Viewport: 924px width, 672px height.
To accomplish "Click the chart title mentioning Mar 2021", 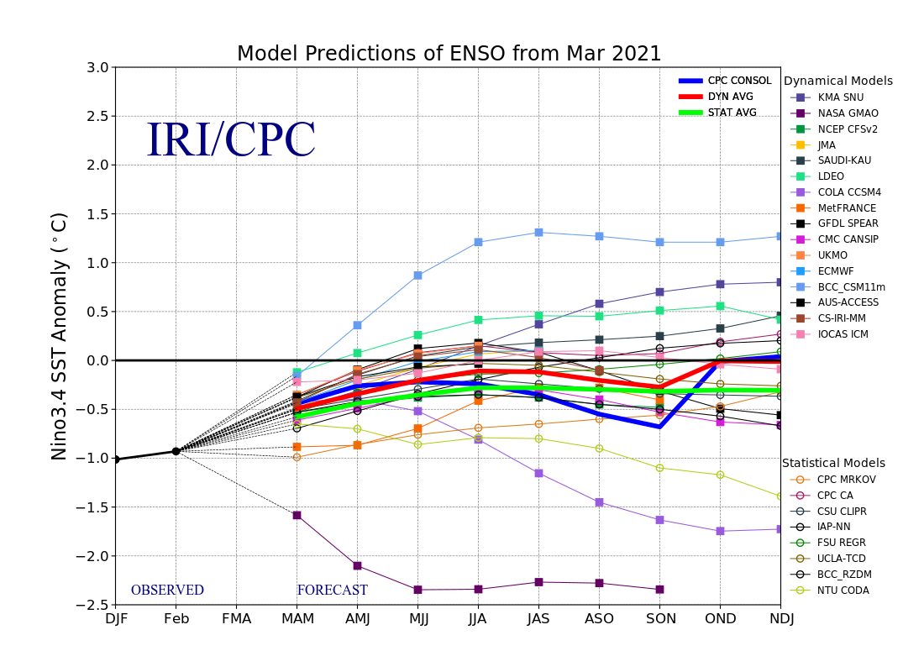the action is pyautogui.click(x=449, y=54).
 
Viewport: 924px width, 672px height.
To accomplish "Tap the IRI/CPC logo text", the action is pyautogui.click(x=230, y=139).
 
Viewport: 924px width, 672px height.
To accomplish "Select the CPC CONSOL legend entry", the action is pyautogui.click(x=725, y=81).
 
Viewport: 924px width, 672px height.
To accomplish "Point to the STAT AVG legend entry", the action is pyautogui.click(x=717, y=113).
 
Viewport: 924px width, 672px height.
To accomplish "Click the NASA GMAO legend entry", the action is pyautogui.click(x=834, y=113).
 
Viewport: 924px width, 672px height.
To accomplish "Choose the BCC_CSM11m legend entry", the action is pyautogui.click(x=838, y=287).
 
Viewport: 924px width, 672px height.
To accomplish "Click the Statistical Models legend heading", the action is pyautogui.click(x=834, y=464).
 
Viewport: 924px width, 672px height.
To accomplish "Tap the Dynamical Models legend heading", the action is pyautogui.click(x=838, y=81).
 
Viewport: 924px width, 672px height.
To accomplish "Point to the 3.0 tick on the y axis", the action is pyautogui.click(x=97, y=67).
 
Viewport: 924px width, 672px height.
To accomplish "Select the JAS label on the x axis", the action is pyautogui.click(x=538, y=619).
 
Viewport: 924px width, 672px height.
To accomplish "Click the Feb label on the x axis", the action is pyautogui.click(x=176, y=619).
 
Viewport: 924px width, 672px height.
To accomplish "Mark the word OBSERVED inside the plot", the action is pyautogui.click(x=167, y=590).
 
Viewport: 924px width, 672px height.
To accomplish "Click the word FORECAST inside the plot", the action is pyautogui.click(x=333, y=590).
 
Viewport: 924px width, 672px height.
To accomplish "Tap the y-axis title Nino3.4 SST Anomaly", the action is pyautogui.click(x=60, y=337).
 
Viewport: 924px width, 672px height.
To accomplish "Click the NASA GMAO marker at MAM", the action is pyautogui.click(x=297, y=515).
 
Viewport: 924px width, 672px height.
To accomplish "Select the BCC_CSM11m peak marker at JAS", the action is pyautogui.click(x=538, y=232).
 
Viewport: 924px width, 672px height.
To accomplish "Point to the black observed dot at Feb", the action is pyautogui.click(x=176, y=451).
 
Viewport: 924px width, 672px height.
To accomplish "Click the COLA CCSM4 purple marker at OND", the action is pyautogui.click(x=720, y=531).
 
